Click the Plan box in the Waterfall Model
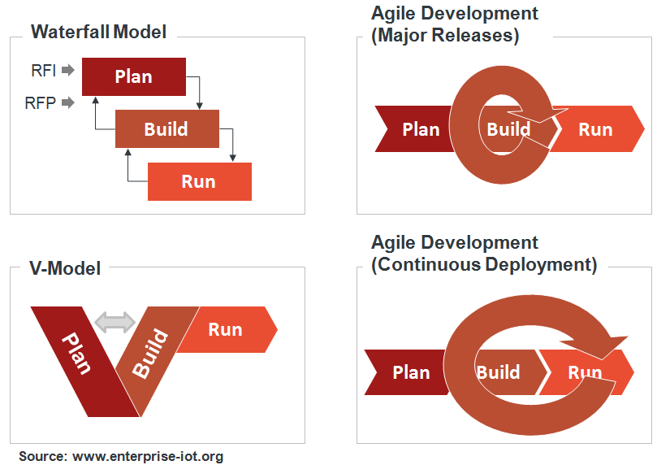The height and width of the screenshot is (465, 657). click(133, 76)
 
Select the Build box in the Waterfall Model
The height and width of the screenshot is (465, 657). click(166, 128)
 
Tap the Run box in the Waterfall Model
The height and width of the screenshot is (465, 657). click(199, 181)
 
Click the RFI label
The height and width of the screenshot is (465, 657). click(44, 70)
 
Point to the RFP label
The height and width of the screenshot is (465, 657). click(41, 103)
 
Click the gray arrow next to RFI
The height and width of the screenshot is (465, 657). click(68, 70)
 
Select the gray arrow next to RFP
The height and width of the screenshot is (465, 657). click(68, 103)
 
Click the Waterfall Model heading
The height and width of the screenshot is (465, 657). click(98, 33)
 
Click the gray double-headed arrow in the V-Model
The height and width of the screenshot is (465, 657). click(115, 322)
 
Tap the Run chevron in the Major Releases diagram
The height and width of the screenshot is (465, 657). click(597, 129)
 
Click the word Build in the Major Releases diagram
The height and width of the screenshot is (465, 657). click(508, 129)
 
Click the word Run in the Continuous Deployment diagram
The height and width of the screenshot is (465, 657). click(585, 373)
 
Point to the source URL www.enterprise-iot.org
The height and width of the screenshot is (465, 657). click(148, 456)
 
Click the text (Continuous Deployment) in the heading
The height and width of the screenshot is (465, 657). click(484, 264)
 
